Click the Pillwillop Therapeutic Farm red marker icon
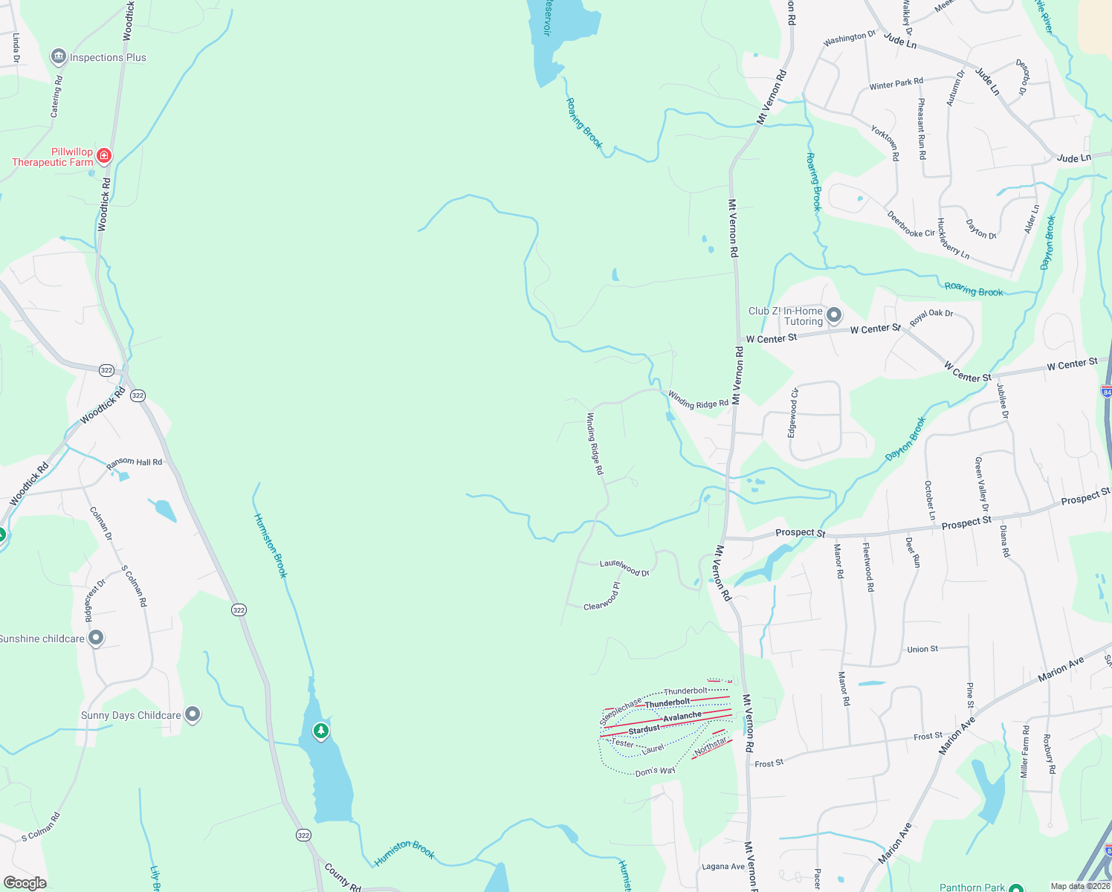click(x=104, y=155)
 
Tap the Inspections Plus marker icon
click(x=58, y=56)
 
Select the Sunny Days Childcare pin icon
click(x=193, y=714)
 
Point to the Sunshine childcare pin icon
click(x=96, y=638)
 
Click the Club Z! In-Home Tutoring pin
click(x=834, y=315)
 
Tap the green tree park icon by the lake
click(x=320, y=731)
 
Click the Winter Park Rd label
click(x=896, y=83)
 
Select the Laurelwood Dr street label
click(x=624, y=568)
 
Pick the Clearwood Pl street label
click(x=602, y=597)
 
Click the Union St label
click(x=922, y=649)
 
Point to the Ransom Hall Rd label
click(x=134, y=462)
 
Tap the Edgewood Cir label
click(x=794, y=413)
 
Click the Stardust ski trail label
click(x=644, y=729)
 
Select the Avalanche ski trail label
click(x=682, y=716)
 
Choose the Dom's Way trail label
click(x=655, y=772)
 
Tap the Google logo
click(x=25, y=883)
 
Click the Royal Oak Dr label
click(x=931, y=317)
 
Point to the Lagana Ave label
click(x=723, y=867)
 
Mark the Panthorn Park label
click(x=972, y=887)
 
